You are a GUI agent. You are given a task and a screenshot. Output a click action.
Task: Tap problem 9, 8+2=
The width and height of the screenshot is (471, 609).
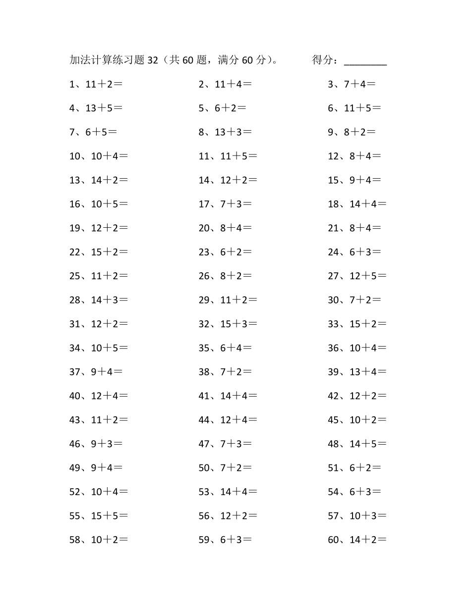click(x=352, y=132)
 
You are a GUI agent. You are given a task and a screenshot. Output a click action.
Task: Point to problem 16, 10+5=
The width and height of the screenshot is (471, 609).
click(x=99, y=204)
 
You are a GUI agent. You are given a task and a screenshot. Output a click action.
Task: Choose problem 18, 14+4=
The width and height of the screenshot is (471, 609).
click(x=357, y=204)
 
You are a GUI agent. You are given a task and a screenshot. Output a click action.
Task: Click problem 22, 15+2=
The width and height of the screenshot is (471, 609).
click(x=99, y=252)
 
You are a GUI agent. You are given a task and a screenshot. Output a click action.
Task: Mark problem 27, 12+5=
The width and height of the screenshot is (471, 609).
click(x=357, y=276)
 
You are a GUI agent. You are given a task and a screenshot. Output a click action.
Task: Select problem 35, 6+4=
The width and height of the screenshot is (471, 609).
click(x=225, y=348)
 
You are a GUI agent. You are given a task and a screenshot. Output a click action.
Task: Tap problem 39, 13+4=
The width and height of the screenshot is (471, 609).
click(x=357, y=372)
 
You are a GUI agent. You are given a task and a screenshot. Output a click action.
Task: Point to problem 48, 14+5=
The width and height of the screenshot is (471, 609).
click(x=357, y=444)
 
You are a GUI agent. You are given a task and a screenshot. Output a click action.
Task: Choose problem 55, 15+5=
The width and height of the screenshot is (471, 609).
click(x=99, y=516)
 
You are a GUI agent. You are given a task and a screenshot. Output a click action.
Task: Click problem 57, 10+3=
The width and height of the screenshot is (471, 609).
click(x=357, y=516)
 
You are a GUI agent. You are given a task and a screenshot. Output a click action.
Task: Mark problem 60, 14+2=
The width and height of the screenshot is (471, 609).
click(x=357, y=540)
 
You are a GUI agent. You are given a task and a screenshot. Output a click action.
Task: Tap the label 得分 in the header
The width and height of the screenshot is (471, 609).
click(x=323, y=60)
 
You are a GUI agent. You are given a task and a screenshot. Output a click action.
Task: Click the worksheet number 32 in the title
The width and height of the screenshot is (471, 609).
click(x=153, y=60)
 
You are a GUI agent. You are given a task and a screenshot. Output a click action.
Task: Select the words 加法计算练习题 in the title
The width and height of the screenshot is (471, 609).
click(x=107, y=60)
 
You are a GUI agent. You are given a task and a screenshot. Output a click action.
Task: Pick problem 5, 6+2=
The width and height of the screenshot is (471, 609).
click(x=223, y=108)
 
